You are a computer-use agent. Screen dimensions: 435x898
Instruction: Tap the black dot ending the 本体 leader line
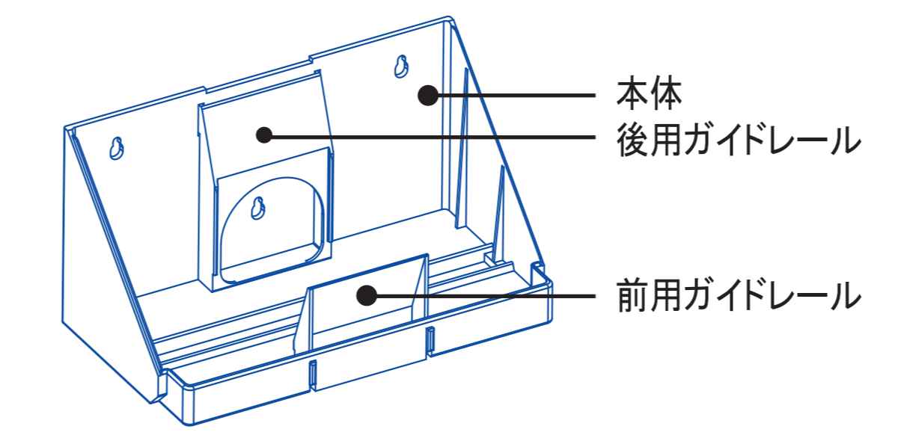(427, 95)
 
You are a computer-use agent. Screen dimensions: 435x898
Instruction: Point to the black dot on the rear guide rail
(263, 135)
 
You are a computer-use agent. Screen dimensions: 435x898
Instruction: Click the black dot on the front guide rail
(364, 296)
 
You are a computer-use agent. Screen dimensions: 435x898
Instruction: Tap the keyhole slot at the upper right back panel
(401, 67)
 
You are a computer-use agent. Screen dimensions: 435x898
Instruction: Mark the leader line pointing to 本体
(516, 95)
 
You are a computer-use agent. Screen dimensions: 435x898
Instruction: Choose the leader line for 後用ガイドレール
(434, 137)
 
